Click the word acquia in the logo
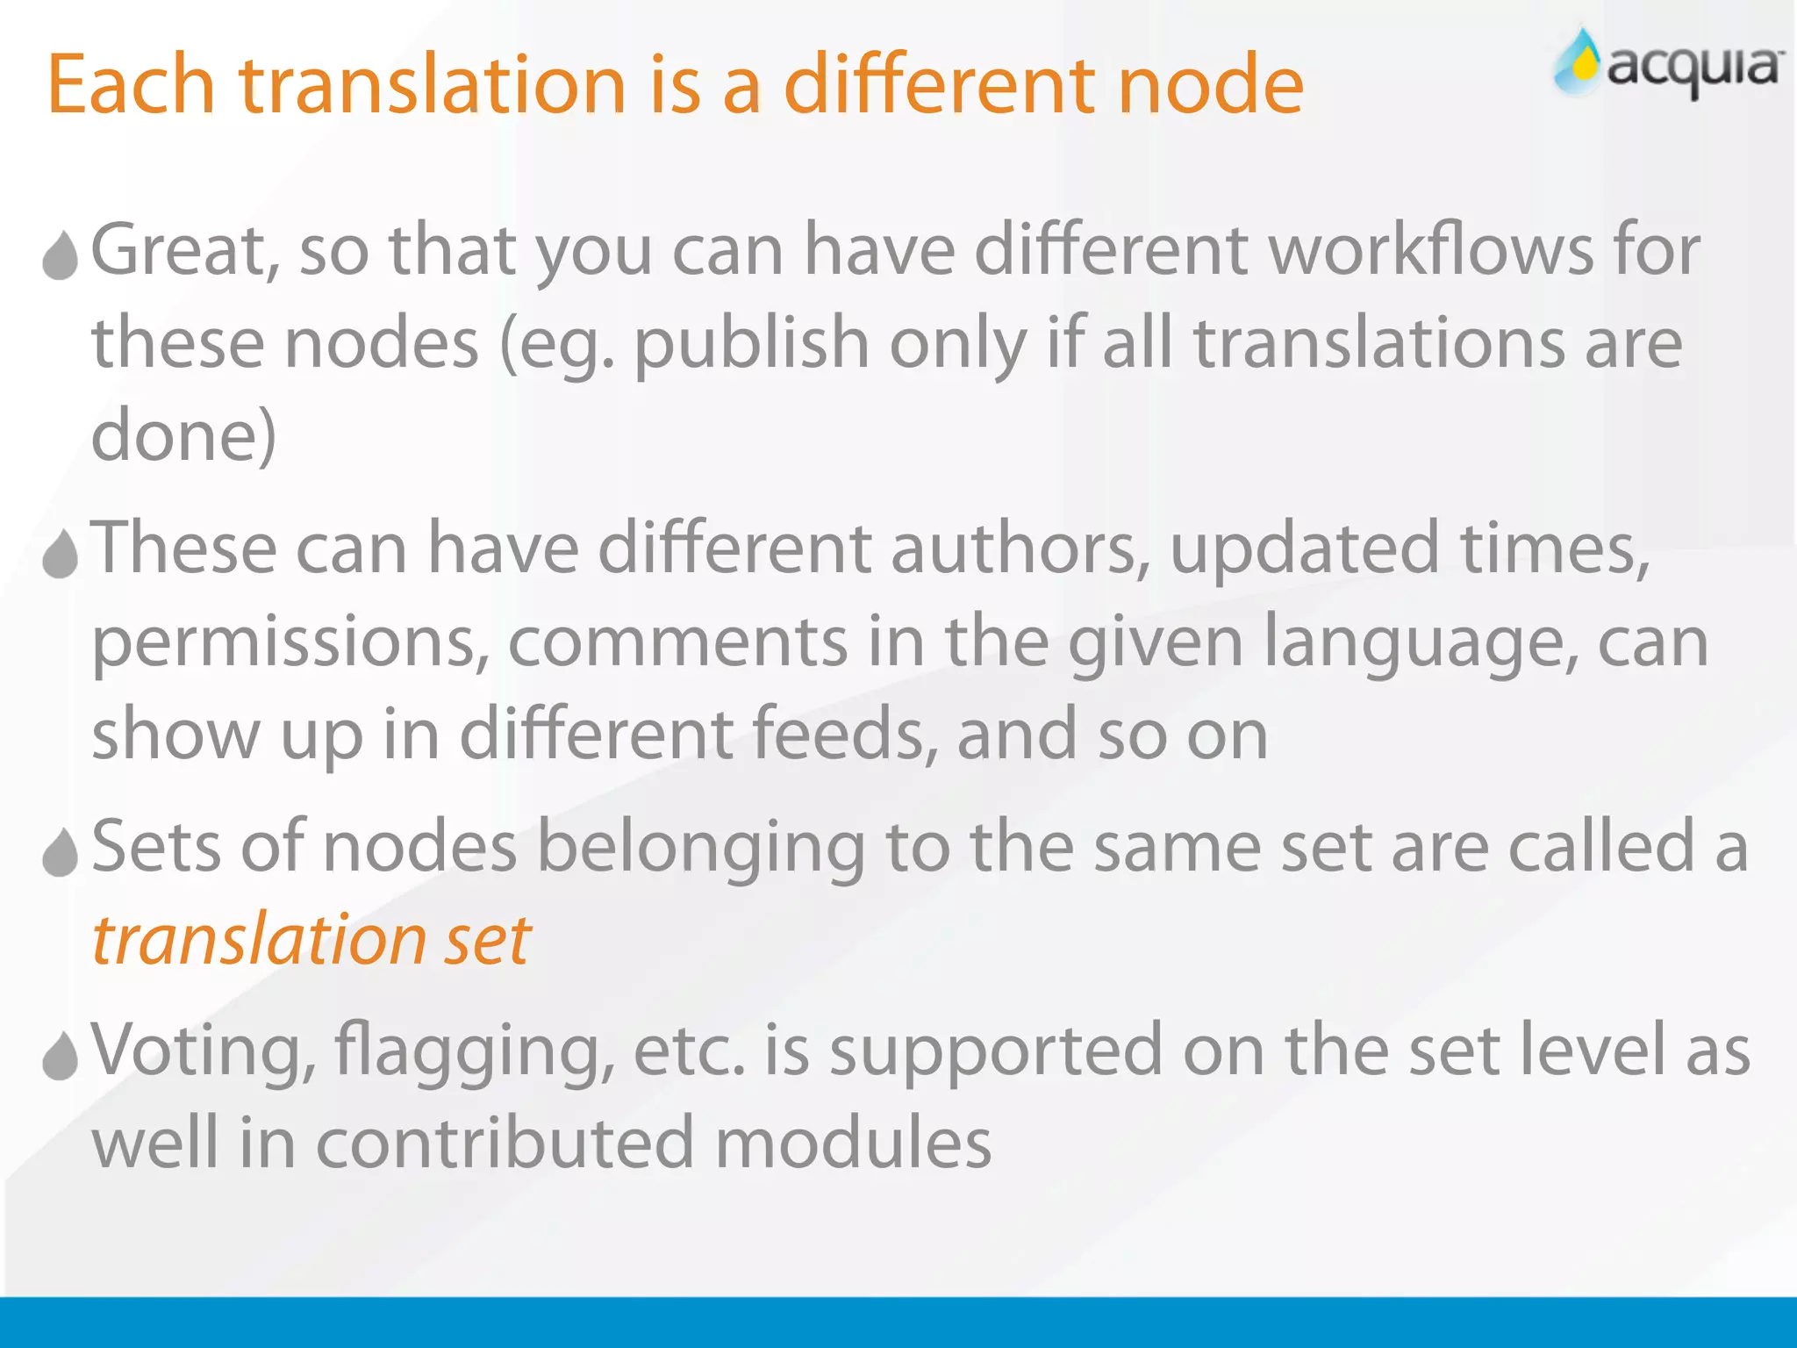pos(1693,68)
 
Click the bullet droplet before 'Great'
pos(61,255)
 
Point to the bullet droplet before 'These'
pos(61,554)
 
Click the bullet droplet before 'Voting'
pos(61,1055)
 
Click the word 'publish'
pos(751,344)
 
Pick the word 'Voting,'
pos(203,1051)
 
